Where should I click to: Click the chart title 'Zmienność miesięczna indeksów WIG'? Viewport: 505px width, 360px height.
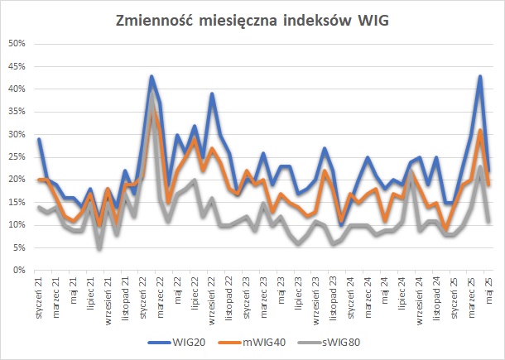tap(252, 21)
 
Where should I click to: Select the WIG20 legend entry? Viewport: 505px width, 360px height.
tap(176, 343)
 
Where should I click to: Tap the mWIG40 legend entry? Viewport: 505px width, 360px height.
tap(252, 343)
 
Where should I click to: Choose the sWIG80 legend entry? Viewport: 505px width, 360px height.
tap(329, 343)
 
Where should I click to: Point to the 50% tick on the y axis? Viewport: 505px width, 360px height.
tap(17, 44)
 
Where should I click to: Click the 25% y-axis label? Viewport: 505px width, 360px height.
tap(17, 156)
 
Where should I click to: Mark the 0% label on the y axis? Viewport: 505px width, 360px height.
tap(19, 270)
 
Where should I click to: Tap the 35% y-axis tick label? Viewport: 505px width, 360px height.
tap(17, 112)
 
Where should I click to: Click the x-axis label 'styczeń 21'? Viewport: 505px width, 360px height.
tap(39, 298)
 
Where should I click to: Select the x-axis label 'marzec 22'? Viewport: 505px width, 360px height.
tap(160, 298)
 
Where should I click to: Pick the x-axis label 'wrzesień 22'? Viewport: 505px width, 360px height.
tap(212, 300)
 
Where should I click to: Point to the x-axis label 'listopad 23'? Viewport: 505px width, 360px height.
tap(333, 299)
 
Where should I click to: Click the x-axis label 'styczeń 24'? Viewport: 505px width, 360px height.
tap(350, 298)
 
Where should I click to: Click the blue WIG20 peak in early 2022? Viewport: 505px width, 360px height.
tap(151, 76)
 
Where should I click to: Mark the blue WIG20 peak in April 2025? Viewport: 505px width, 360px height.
tap(480, 76)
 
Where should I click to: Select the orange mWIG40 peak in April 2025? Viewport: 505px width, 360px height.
tap(480, 130)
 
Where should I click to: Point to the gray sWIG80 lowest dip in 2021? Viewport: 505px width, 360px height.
tap(99, 248)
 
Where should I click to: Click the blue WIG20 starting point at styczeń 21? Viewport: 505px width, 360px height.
tap(39, 139)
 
